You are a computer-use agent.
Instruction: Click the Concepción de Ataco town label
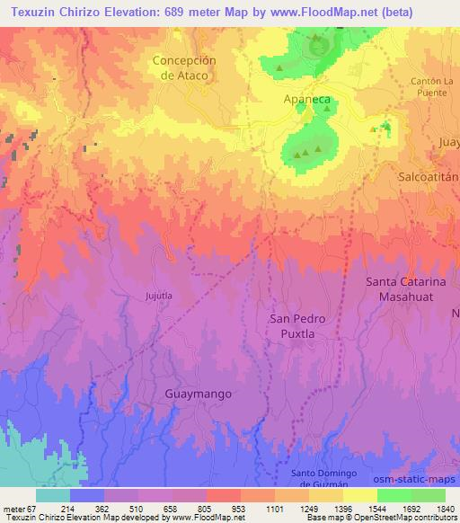(x=185, y=68)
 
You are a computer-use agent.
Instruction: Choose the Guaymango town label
(x=199, y=394)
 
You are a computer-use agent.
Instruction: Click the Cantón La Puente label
(x=434, y=87)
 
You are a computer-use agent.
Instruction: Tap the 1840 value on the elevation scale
(x=445, y=508)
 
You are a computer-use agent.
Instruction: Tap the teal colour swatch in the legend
(x=53, y=495)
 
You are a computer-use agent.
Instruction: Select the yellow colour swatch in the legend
(x=359, y=495)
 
